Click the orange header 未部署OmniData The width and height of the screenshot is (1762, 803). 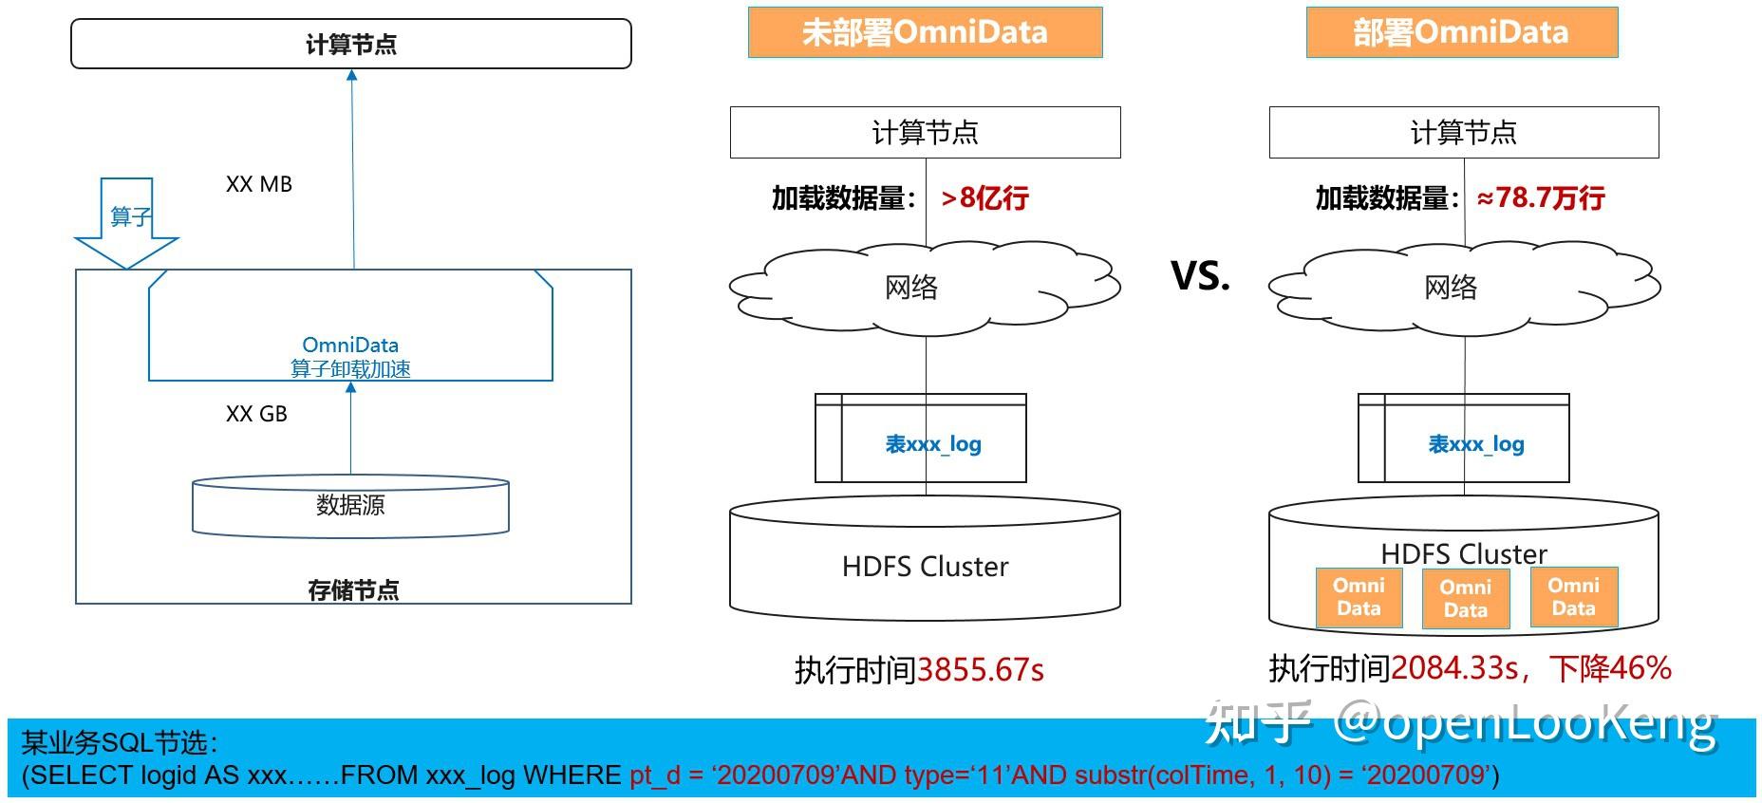tap(925, 32)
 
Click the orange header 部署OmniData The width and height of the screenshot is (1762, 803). tap(1461, 32)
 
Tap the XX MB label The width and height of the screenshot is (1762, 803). tap(259, 184)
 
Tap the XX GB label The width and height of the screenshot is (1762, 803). tap(256, 414)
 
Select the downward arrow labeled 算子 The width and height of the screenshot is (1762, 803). tap(126, 223)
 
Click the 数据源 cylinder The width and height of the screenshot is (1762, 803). tap(351, 507)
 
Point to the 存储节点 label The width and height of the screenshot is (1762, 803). tap(353, 590)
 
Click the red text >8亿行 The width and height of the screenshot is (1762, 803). tap(984, 197)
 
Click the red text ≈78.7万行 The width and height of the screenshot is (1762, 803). tap(1541, 197)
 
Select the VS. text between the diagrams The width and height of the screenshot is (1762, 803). tap(1201, 275)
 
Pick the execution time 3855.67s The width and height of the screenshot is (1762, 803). tap(981, 670)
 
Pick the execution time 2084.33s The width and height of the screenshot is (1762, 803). tap(1454, 668)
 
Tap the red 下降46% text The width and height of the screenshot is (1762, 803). tap(1611, 668)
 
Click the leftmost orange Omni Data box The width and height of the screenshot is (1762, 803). tap(1359, 597)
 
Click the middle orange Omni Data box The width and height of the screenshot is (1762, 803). tap(1466, 599)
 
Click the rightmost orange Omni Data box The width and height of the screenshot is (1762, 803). tap(1574, 597)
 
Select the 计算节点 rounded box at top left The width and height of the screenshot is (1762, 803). tap(351, 44)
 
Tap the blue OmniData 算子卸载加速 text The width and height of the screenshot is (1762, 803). tap(350, 357)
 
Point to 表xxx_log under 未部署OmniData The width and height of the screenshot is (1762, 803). tap(933, 444)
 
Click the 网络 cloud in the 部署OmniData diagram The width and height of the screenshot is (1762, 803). tap(1465, 288)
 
